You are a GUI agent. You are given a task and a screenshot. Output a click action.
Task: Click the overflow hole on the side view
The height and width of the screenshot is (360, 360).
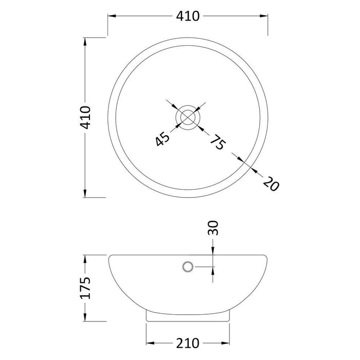coord(188,266)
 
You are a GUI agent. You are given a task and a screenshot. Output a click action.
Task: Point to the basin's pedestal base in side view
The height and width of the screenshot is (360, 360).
coord(188,315)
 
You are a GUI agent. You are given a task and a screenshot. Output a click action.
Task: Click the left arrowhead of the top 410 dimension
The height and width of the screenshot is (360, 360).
coord(111,16)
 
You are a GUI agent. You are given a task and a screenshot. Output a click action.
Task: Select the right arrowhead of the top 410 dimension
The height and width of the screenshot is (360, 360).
coord(265,16)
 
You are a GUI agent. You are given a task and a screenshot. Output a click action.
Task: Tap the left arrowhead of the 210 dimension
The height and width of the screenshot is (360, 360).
coord(150,343)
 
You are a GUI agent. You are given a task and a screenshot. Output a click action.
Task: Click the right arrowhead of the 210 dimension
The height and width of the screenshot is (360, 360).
coord(226,343)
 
